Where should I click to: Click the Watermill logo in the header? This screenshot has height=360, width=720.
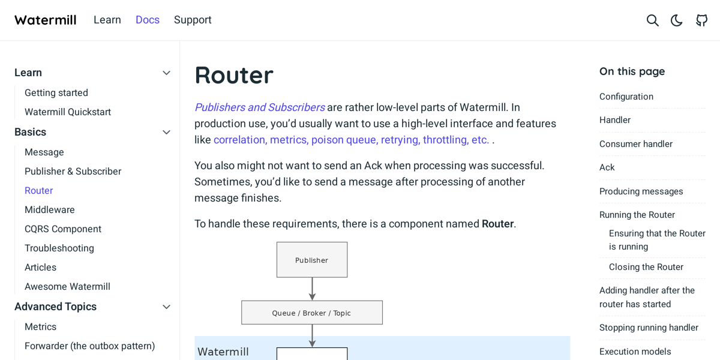tap(46, 20)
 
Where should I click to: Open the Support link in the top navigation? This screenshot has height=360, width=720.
tap(193, 20)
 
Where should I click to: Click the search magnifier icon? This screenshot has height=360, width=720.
tap(653, 20)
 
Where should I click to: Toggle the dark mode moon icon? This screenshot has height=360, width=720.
tap(677, 20)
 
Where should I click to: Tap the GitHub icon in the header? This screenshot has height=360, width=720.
tap(701, 20)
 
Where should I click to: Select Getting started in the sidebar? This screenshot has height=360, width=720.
tap(56, 92)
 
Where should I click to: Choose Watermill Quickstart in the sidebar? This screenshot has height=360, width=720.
tap(68, 112)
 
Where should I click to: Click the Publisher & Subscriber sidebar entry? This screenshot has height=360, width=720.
tap(73, 171)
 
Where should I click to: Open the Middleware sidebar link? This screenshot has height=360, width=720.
tap(50, 209)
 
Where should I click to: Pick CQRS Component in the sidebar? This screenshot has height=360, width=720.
tap(63, 229)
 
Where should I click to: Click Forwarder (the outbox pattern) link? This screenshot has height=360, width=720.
tap(90, 346)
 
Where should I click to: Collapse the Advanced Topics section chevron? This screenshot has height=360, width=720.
tap(167, 307)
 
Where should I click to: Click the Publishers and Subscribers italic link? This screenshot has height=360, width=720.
tap(259, 107)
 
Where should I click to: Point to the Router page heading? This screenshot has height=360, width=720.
tap(234, 75)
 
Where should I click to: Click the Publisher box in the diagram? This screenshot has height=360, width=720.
tap(312, 260)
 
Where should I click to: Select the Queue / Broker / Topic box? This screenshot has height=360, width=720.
tap(312, 313)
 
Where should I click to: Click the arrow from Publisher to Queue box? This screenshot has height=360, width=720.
tap(312, 289)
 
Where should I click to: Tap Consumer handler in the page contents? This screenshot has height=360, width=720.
tap(636, 144)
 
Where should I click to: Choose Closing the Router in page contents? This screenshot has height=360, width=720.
tap(646, 267)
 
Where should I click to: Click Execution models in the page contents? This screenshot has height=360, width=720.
tap(635, 352)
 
